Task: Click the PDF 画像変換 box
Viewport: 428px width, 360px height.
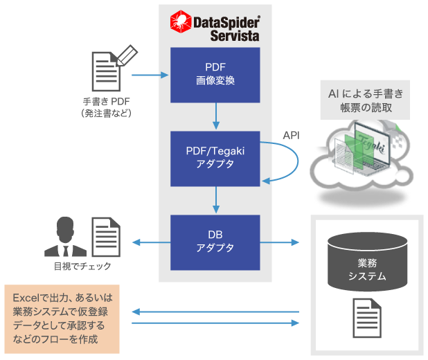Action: [215, 73]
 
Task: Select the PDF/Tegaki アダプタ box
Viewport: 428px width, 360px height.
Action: [215, 157]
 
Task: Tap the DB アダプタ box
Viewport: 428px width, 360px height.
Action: [215, 242]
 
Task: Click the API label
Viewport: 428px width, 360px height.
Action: [291, 135]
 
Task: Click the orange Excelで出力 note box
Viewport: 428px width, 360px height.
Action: [62, 316]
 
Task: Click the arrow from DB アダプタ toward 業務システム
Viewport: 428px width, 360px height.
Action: [280, 242]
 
